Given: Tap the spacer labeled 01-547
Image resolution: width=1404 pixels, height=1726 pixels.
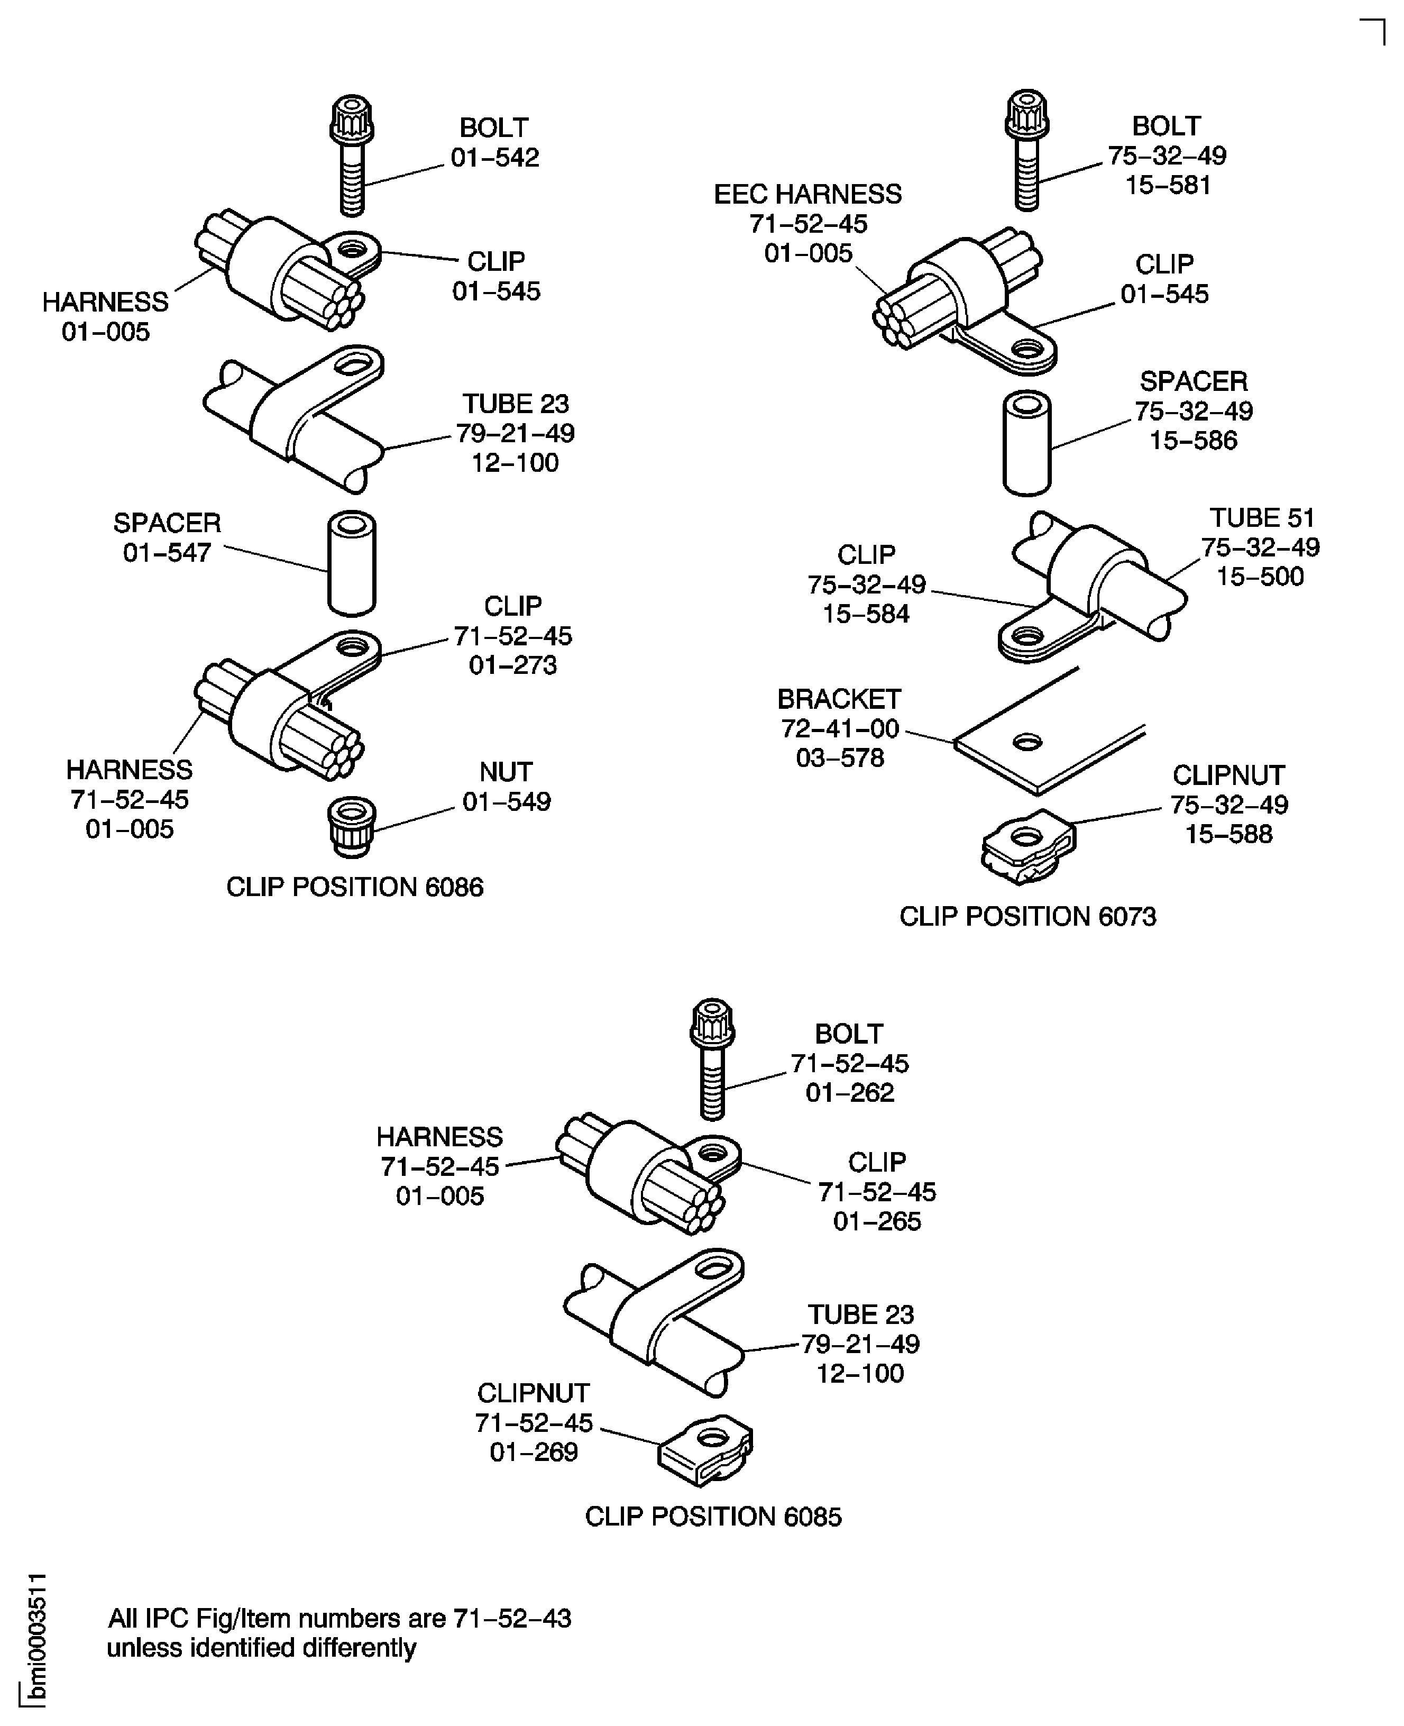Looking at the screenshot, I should tap(351, 564).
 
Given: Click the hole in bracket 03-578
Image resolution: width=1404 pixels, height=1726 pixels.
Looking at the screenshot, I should tap(1027, 741).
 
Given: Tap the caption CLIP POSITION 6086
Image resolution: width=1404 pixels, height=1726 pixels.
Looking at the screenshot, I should tap(354, 887).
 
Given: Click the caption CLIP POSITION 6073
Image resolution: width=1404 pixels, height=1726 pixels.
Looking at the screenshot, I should tap(1027, 916).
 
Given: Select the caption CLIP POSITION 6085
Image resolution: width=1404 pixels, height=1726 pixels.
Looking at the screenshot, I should tap(712, 1515).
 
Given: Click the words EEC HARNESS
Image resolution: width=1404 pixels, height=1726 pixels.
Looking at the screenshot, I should tap(807, 194).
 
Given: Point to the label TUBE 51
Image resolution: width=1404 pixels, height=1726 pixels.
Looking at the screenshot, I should tap(1262, 518).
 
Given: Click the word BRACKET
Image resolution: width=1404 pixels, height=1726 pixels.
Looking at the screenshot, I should tap(839, 699).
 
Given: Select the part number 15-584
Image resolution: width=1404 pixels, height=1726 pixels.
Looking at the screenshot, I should tap(866, 614).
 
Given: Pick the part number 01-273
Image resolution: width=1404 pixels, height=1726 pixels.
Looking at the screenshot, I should tap(513, 665).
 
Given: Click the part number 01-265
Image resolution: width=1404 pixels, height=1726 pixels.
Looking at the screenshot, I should tap(877, 1220).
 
